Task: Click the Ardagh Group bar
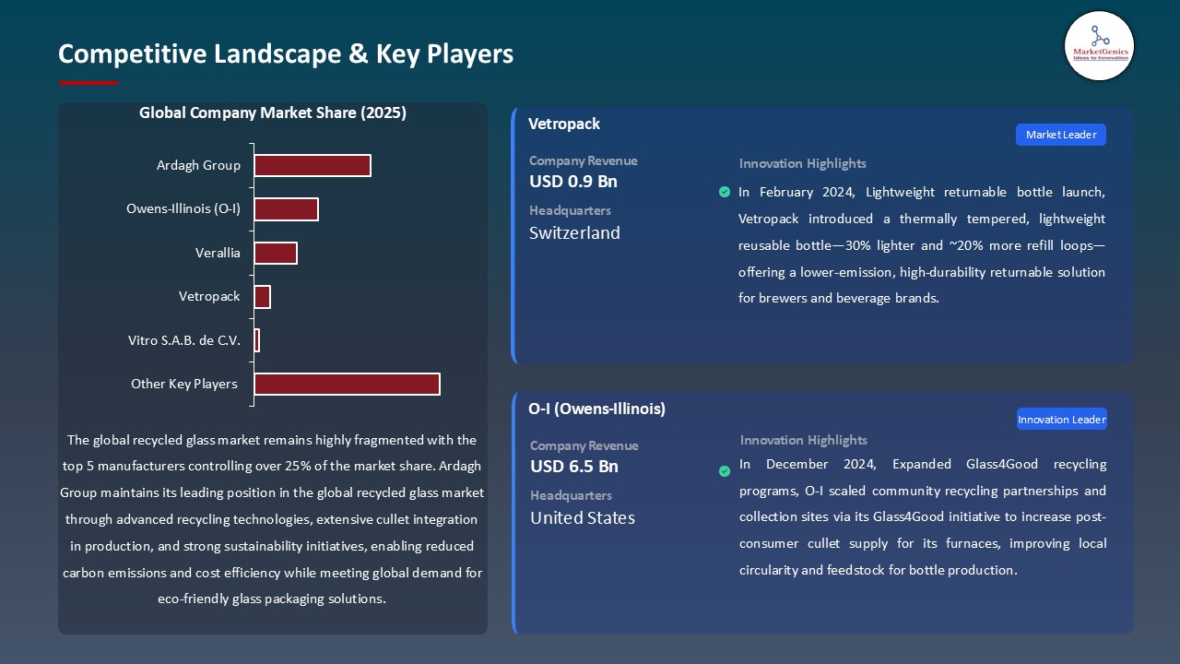point(313,165)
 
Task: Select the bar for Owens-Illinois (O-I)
point(286,209)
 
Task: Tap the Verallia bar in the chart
point(276,253)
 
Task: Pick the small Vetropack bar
point(263,297)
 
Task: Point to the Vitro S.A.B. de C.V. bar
point(257,340)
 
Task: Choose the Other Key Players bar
point(347,384)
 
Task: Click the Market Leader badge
point(1060,135)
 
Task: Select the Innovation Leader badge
point(1061,420)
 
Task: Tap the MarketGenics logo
point(1099,45)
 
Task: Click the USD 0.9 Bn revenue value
point(573,182)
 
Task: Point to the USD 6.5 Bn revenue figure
point(574,467)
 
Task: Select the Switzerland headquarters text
point(574,233)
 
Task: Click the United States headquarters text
point(583,518)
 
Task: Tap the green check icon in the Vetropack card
point(724,192)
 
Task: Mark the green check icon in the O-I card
point(725,471)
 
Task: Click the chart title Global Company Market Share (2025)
point(273,113)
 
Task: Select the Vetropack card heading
point(564,124)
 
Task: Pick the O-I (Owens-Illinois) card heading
point(596,409)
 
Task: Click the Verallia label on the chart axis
point(218,253)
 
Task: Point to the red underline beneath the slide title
point(88,83)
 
